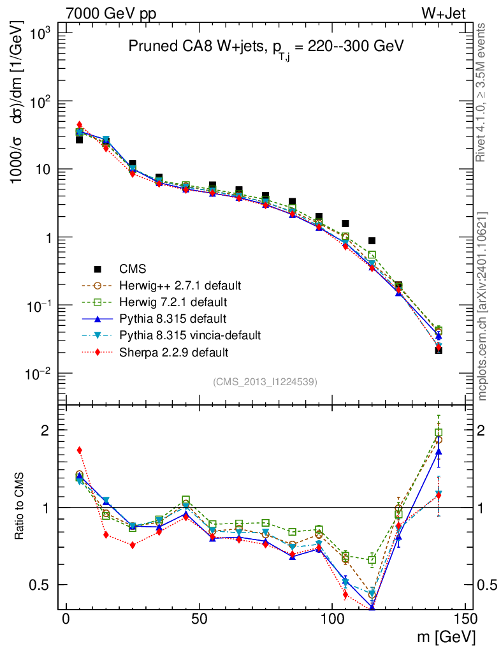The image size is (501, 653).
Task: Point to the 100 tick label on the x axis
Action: (x=331, y=620)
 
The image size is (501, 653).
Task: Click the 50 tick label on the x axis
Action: (x=199, y=620)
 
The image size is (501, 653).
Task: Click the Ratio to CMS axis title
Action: (x=20, y=508)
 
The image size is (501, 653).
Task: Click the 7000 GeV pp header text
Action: (x=111, y=14)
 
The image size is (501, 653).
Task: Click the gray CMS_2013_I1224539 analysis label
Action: (x=265, y=381)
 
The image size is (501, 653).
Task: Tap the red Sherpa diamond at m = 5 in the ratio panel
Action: (x=80, y=450)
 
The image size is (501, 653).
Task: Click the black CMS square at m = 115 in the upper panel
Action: (x=372, y=241)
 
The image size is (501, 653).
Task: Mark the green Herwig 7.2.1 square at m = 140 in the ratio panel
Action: (x=439, y=433)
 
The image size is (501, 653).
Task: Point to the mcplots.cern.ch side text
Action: (x=483, y=306)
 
